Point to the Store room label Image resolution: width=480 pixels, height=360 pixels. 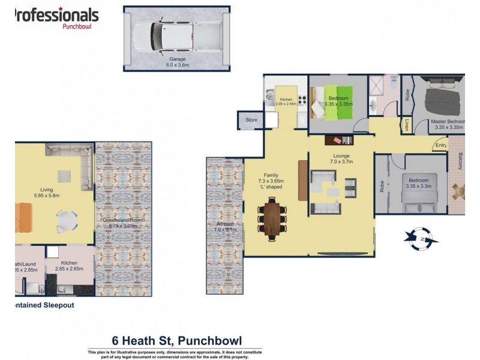coord(251,120)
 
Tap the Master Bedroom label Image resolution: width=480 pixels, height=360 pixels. coord(448,121)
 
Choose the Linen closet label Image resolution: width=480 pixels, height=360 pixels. coord(407,125)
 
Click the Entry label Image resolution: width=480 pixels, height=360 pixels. coord(441,145)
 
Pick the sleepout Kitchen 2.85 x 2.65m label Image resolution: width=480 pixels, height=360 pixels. coord(69,266)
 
